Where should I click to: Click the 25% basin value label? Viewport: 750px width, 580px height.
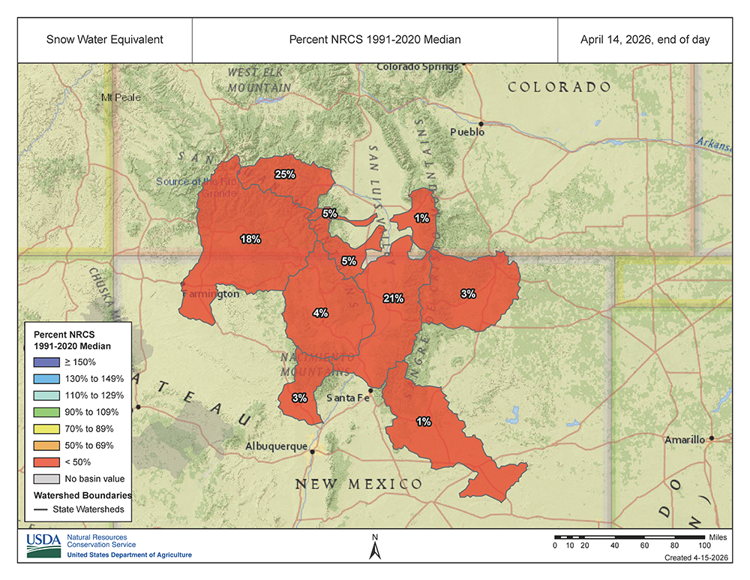[285, 174]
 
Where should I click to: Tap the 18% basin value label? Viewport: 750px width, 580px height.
[250, 239]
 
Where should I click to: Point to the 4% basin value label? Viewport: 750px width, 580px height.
[320, 313]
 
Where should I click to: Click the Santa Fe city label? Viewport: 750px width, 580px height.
[349, 398]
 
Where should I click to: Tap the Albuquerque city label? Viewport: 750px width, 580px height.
[276, 446]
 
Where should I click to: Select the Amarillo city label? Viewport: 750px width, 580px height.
[685, 439]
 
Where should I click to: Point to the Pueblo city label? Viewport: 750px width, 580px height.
[467, 131]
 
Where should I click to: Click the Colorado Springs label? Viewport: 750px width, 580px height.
[418, 67]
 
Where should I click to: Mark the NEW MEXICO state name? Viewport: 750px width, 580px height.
[358, 484]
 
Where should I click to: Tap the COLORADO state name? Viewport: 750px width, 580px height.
[559, 87]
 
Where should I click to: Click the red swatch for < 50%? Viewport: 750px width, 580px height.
[43, 461]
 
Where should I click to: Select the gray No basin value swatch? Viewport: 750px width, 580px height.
[43, 478]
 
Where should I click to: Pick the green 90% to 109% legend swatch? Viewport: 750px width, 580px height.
[43, 411]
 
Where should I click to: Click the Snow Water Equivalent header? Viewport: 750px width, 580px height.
[105, 39]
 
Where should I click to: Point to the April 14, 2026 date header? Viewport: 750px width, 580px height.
[644, 39]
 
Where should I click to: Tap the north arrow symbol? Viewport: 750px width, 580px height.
[376, 548]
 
